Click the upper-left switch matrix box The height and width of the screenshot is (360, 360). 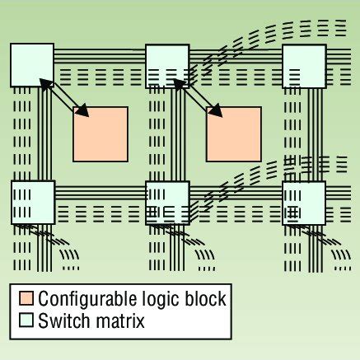click(x=32, y=64)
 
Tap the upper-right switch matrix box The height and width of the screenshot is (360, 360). click(x=304, y=64)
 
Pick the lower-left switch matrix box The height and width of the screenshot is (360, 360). click(x=32, y=200)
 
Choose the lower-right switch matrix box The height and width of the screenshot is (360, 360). click(x=304, y=200)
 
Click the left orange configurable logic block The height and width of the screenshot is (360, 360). click(x=101, y=133)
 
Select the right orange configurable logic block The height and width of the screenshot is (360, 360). click(x=233, y=133)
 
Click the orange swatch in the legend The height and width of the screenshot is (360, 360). click(x=26, y=297)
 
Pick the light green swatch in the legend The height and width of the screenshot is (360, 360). click(x=26, y=320)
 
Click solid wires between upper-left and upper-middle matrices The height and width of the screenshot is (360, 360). click(x=99, y=58)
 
